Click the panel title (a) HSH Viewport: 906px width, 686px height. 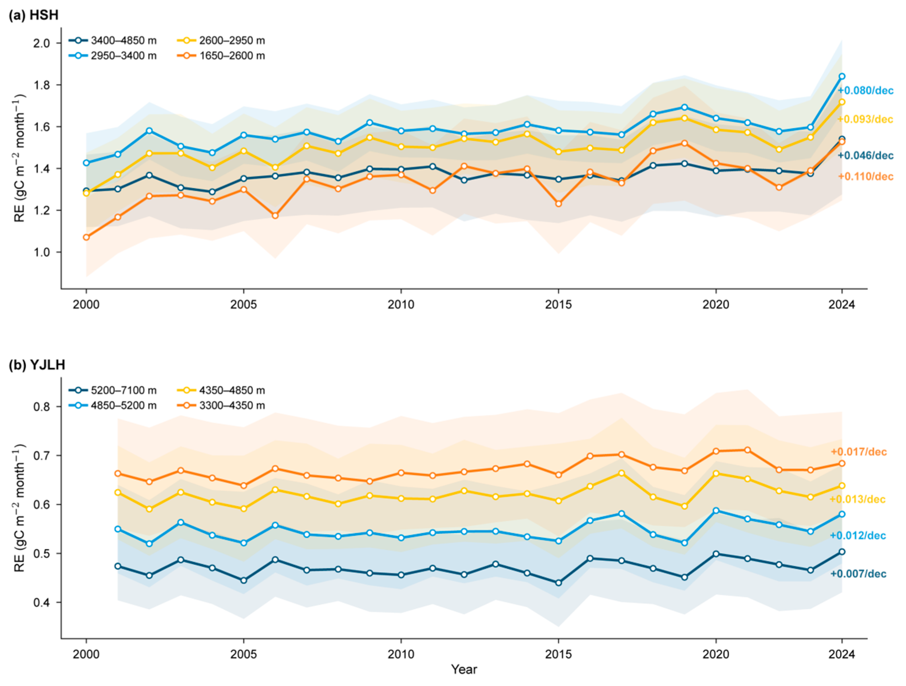pos(34,15)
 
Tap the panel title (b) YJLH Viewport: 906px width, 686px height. pos(37,365)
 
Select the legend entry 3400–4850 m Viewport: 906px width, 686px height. pos(113,40)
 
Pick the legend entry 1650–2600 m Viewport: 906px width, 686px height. pos(221,56)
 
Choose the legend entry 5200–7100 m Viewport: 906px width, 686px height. pos(113,390)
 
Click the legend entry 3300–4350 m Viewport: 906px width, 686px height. pos(221,405)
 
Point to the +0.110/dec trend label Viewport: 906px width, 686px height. pos(866,176)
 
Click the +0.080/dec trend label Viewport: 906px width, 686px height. pos(866,91)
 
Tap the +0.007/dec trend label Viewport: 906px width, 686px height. pos(858,574)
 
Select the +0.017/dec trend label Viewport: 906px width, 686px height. pos(859,452)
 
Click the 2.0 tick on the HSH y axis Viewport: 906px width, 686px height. pos(42,43)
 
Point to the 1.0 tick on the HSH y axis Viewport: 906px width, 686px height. pos(42,252)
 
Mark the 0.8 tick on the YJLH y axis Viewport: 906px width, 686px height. pos(42,406)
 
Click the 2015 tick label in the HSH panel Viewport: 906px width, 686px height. pos(558,305)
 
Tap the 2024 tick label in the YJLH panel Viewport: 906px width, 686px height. pos(842,654)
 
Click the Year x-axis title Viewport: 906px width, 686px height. pos(464,669)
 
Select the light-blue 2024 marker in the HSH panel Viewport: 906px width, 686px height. pos(842,76)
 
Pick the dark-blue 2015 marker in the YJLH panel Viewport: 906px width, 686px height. pos(558,583)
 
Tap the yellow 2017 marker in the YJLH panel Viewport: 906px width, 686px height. pos(622,473)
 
